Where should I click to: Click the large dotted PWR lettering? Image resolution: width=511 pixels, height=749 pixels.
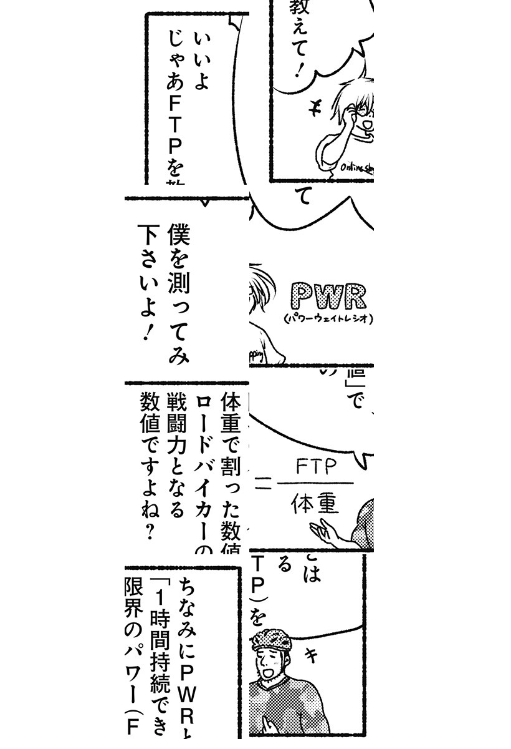coord(328,298)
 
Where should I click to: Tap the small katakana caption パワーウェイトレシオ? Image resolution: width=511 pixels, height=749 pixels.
coord(328,318)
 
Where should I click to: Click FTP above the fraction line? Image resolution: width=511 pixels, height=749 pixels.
coord(316,467)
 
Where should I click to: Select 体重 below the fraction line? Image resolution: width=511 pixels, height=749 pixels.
coord(314,502)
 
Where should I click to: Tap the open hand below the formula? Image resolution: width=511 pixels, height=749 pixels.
coord(327,534)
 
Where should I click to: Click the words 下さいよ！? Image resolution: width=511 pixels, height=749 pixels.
coord(147,281)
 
